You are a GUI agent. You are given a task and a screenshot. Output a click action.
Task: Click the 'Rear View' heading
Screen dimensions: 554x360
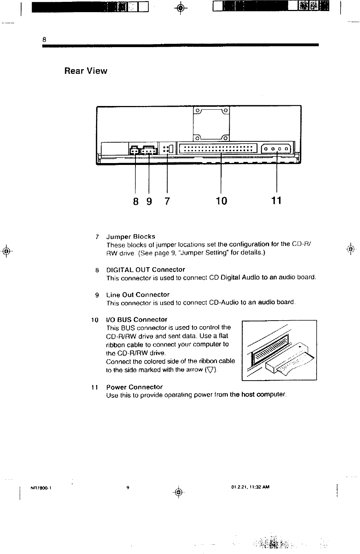(x=86, y=71)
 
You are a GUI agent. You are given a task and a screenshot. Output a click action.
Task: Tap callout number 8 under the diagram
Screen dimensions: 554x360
(x=136, y=201)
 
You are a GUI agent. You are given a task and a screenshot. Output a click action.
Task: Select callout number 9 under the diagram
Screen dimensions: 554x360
(x=149, y=201)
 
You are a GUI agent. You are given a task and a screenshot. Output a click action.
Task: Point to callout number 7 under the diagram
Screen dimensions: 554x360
(x=167, y=201)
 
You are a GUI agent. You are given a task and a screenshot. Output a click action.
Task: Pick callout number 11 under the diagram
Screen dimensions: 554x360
(x=276, y=201)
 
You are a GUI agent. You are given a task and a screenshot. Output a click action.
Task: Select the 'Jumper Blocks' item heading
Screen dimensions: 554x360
(x=131, y=236)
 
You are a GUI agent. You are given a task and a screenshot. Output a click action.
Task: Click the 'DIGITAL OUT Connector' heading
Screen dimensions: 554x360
(x=145, y=269)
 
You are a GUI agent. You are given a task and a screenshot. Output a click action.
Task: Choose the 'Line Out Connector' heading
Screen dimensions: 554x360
(x=138, y=294)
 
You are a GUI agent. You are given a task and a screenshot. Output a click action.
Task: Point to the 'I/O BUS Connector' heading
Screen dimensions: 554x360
(x=137, y=319)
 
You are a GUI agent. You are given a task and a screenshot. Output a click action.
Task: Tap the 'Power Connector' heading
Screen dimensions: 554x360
(x=134, y=387)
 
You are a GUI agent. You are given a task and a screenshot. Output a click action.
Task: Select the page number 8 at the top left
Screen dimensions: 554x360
(x=44, y=39)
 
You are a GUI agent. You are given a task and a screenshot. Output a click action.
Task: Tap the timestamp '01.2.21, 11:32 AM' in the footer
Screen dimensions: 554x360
(x=251, y=487)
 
